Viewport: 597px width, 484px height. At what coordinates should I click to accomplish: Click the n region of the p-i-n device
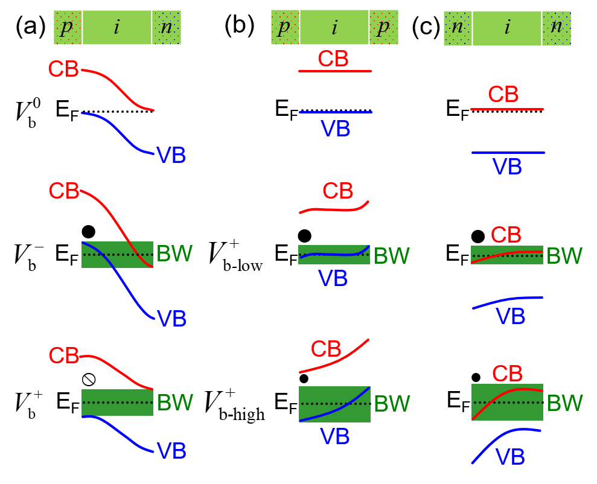tap(167, 28)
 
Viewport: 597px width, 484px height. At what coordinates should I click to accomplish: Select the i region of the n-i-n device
tap(507, 28)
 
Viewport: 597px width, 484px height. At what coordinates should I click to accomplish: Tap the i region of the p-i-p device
tap(334, 28)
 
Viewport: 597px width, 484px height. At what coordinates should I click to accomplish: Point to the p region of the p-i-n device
tap(67, 28)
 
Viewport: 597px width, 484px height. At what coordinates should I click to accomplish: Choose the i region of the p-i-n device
tap(117, 28)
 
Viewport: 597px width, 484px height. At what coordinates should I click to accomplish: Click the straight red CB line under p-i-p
tap(334, 71)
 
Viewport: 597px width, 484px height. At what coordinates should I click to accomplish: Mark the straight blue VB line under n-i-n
tap(508, 153)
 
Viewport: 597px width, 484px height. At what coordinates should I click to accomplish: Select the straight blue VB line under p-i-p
tap(335, 112)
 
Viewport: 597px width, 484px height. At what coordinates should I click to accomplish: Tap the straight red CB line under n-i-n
tap(506, 109)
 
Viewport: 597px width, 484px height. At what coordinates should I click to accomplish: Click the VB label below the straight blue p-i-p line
tap(335, 129)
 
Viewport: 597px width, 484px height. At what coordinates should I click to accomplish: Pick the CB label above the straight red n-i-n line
tap(503, 95)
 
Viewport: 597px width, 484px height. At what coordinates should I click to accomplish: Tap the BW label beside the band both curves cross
tap(174, 254)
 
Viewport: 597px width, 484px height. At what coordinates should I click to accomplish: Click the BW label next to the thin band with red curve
tap(564, 256)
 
